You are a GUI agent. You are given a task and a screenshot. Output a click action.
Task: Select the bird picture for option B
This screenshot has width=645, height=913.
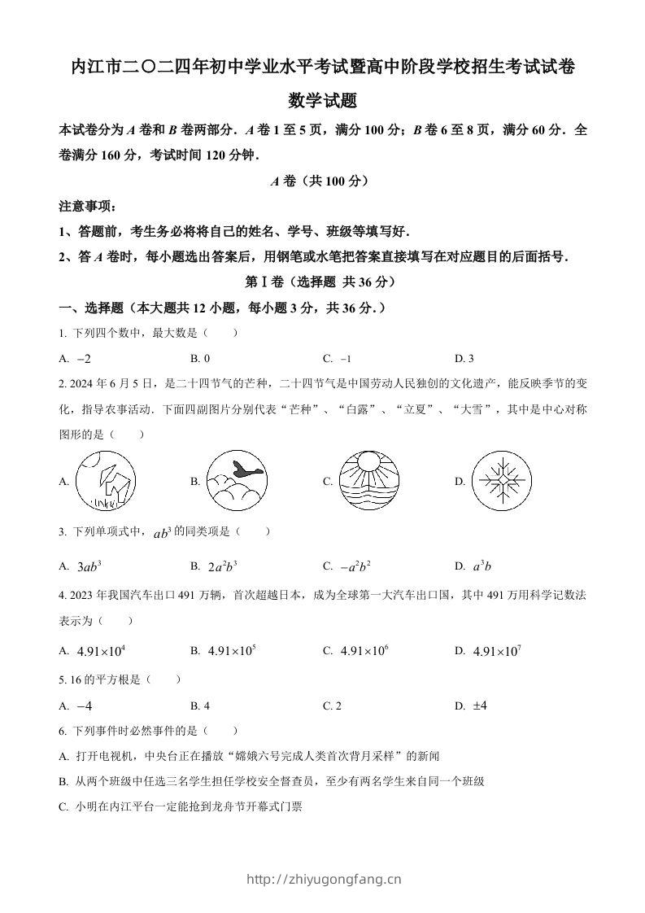point(236,481)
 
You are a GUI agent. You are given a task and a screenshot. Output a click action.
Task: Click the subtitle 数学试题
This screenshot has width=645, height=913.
point(322,102)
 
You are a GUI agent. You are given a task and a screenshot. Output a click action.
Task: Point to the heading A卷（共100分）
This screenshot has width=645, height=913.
point(322,181)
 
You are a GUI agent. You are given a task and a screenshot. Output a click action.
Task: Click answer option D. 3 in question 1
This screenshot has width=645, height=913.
point(464,358)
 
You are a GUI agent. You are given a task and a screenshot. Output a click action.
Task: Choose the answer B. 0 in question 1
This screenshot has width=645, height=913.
point(200,358)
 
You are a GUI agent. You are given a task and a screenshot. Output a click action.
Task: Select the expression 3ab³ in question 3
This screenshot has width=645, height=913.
point(89,566)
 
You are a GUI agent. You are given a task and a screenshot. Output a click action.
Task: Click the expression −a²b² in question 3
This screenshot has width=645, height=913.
point(355,566)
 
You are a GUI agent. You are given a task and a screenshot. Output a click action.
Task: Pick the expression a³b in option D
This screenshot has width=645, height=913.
point(483,566)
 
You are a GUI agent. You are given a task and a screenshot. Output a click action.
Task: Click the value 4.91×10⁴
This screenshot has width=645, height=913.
point(101,651)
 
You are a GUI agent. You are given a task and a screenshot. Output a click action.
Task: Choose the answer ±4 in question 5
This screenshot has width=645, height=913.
point(479,705)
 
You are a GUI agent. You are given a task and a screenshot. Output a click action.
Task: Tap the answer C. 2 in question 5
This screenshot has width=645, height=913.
point(332,705)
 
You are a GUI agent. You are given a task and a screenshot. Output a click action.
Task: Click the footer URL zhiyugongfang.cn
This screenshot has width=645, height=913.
point(323,879)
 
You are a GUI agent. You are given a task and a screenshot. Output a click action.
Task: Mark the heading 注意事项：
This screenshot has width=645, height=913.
point(82,207)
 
